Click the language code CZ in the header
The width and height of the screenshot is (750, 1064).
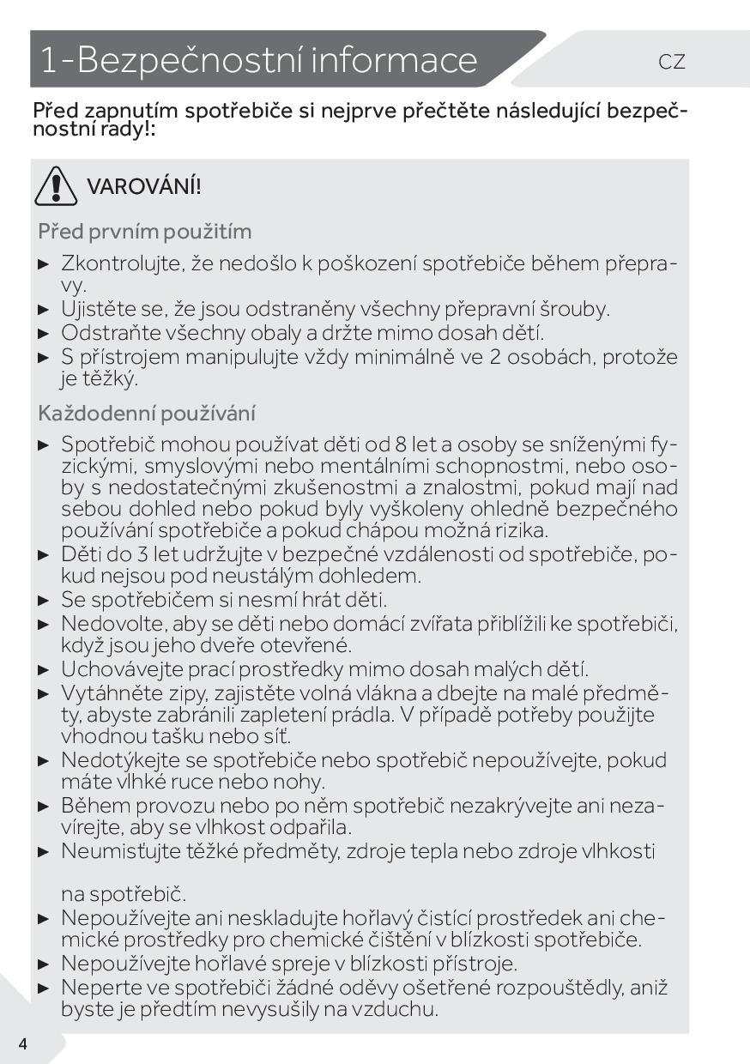[672, 62]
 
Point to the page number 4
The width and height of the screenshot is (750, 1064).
[22, 1043]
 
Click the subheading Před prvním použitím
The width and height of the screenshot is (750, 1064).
[144, 232]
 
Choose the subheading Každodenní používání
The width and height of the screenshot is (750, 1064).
[148, 414]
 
